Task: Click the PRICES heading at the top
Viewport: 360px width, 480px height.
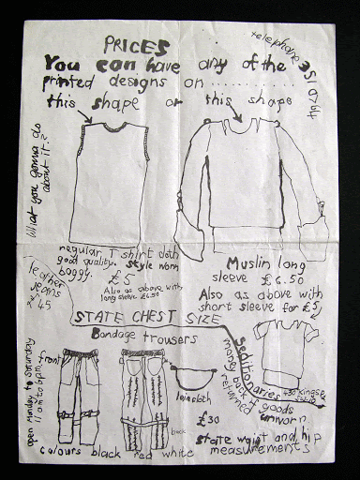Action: click(137, 46)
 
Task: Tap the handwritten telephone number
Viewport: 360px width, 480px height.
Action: click(293, 65)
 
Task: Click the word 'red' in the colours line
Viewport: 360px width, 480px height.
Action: click(145, 453)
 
